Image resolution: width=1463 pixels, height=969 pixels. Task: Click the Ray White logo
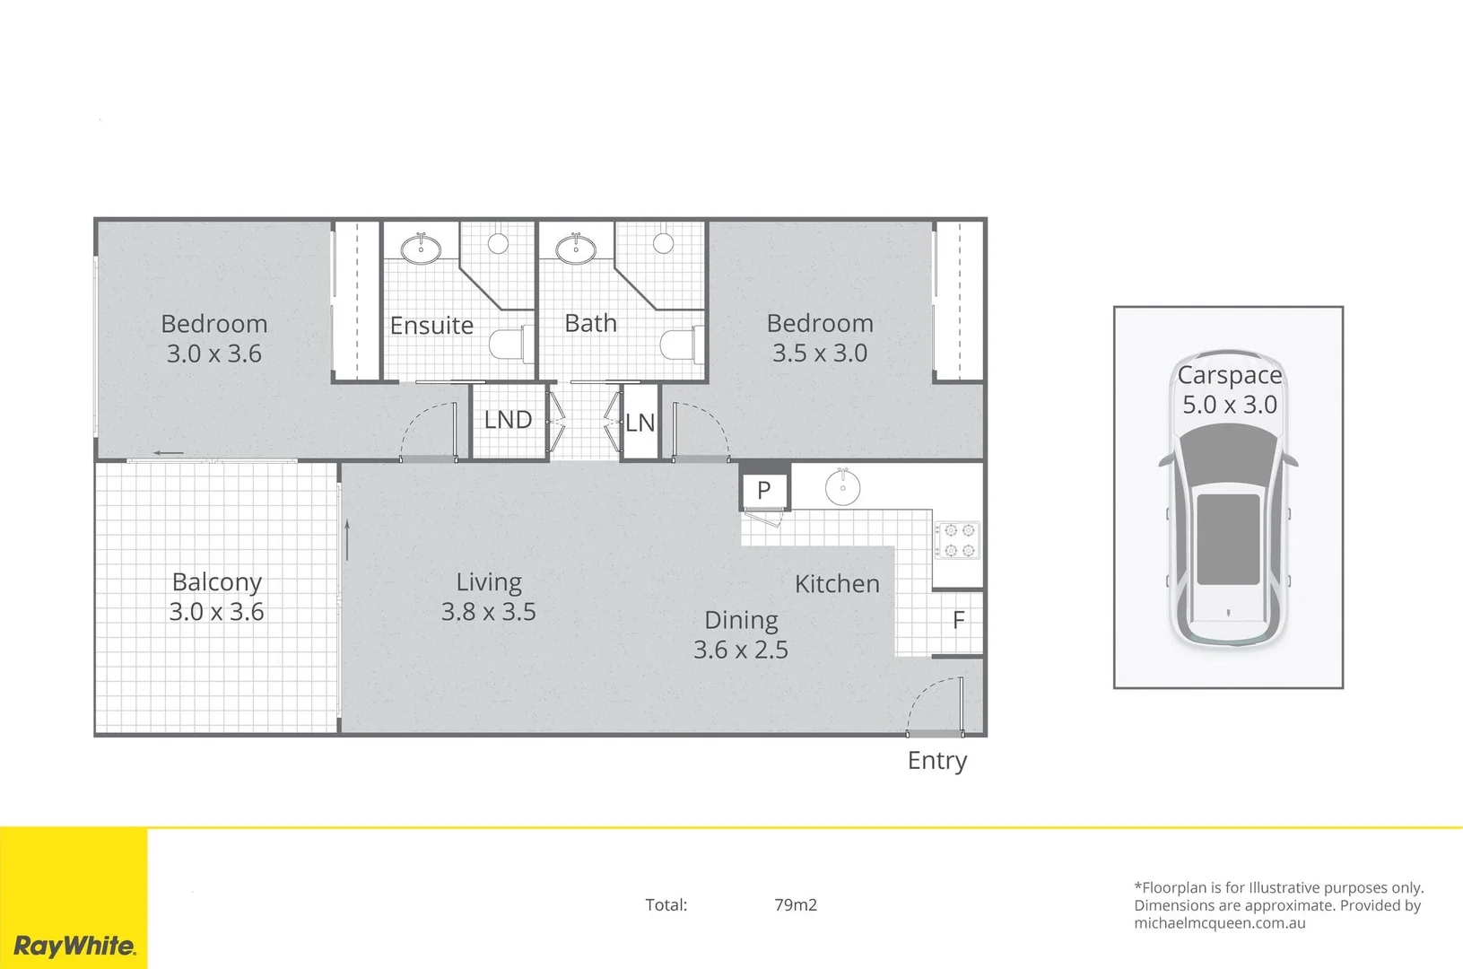click(74, 946)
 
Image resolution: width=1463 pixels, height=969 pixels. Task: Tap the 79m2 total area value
click(796, 904)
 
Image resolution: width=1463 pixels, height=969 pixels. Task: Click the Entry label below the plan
click(937, 761)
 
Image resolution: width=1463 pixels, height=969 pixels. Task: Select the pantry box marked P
click(764, 490)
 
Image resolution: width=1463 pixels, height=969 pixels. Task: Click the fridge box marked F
click(958, 620)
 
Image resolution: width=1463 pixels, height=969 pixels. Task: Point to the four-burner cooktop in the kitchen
click(957, 540)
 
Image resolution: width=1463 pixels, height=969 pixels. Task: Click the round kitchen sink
click(842, 487)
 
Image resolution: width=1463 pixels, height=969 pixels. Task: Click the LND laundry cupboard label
click(508, 420)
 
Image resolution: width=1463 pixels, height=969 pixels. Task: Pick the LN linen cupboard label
click(640, 423)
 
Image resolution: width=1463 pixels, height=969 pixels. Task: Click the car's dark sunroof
click(1228, 538)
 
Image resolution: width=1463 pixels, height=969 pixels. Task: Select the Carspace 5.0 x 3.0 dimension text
click(1229, 405)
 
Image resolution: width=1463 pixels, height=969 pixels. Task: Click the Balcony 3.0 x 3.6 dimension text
click(216, 612)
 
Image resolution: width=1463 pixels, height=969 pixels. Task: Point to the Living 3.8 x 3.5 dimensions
click(488, 612)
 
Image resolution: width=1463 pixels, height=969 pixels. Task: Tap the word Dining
click(741, 620)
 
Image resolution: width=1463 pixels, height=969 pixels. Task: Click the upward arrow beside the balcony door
click(347, 538)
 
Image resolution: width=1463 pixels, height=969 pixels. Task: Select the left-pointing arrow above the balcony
click(168, 453)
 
